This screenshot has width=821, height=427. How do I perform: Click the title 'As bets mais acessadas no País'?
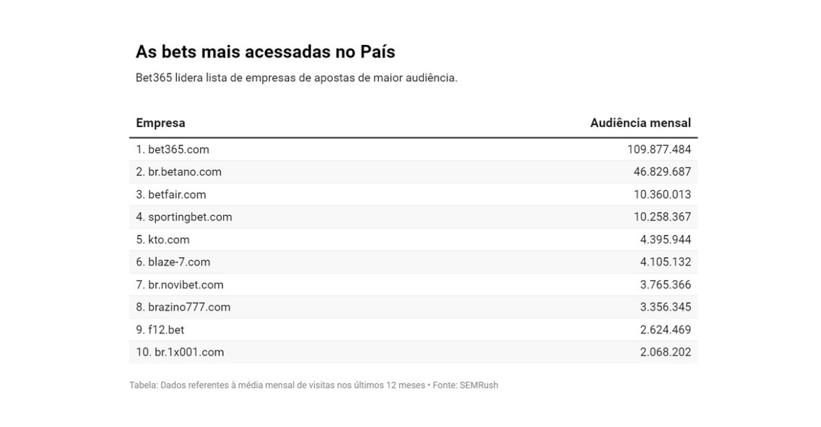(x=265, y=52)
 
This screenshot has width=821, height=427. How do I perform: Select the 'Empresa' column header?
(x=160, y=123)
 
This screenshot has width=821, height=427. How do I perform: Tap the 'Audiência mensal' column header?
(x=640, y=123)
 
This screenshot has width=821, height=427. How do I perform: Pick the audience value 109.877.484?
(x=659, y=149)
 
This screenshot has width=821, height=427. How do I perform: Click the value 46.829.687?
(x=662, y=172)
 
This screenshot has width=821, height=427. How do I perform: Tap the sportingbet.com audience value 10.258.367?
(x=662, y=217)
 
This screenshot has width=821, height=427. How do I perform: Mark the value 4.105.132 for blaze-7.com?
(x=665, y=262)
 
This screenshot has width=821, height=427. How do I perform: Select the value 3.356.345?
(x=665, y=307)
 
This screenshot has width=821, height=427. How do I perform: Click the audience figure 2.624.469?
(x=665, y=330)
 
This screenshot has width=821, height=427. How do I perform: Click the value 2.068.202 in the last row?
(x=665, y=352)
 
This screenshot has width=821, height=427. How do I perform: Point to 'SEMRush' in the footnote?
(x=478, y=385)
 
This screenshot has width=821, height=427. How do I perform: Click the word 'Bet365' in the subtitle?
(x=154, y=78)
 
